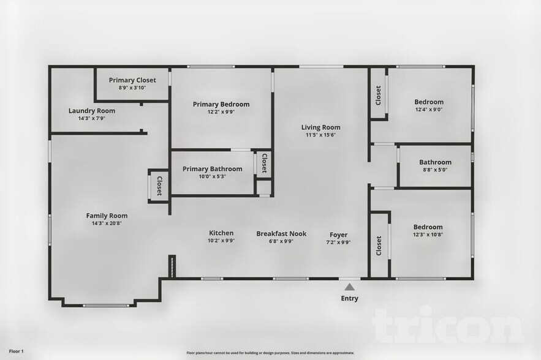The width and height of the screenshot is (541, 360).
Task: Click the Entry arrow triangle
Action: (x=349, y=287)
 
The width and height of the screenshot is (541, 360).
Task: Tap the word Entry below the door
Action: (x=349, y=299)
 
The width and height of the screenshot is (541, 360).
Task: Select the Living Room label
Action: (x=320, y=127)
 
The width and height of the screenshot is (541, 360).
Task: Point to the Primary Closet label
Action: (x=132, y=80)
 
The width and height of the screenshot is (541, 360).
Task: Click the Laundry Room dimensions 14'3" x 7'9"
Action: (x=92, y=118)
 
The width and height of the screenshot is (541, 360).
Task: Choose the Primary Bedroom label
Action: (x=221, y=104)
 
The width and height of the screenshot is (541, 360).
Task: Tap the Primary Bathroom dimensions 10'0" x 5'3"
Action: (x=212, y=176)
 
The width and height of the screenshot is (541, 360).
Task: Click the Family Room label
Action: (x=107, y=216)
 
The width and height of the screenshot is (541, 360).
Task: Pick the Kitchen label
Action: (x=221, y=233)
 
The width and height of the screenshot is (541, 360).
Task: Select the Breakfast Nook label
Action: (x=281, y=233)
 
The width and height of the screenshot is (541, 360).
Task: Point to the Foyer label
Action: (x=338, y=234)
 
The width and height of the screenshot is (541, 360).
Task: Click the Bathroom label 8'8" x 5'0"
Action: (x=435, y=162)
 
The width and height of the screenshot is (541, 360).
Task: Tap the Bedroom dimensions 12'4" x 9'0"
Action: (x=429, y=110)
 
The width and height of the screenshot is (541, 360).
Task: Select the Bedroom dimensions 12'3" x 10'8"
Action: (x=428, y=234)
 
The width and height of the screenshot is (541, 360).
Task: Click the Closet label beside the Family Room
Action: (x=159, y=186)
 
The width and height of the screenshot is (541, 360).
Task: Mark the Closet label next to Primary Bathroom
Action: (x=264, y=163)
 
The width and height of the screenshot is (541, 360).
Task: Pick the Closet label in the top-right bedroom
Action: (x=379, y=95)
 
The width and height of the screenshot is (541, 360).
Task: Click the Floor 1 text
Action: (x=16, y=351)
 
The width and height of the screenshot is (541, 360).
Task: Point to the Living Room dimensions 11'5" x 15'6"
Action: (x=320, y=135)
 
